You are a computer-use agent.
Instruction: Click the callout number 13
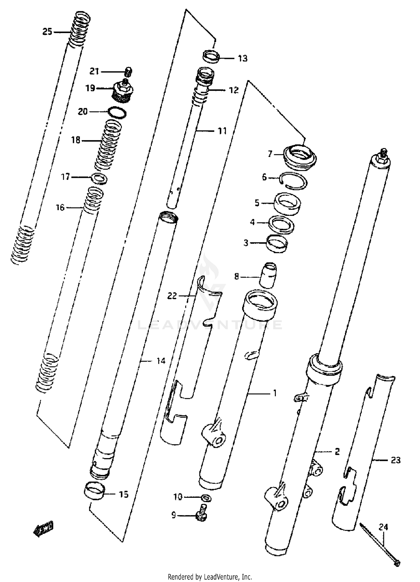(243, 59)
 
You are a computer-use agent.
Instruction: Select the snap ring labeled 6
(294, 181)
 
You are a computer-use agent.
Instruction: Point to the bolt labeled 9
(202, 515)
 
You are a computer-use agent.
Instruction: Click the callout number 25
(47, 32)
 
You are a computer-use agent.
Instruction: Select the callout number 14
(161, 361)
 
